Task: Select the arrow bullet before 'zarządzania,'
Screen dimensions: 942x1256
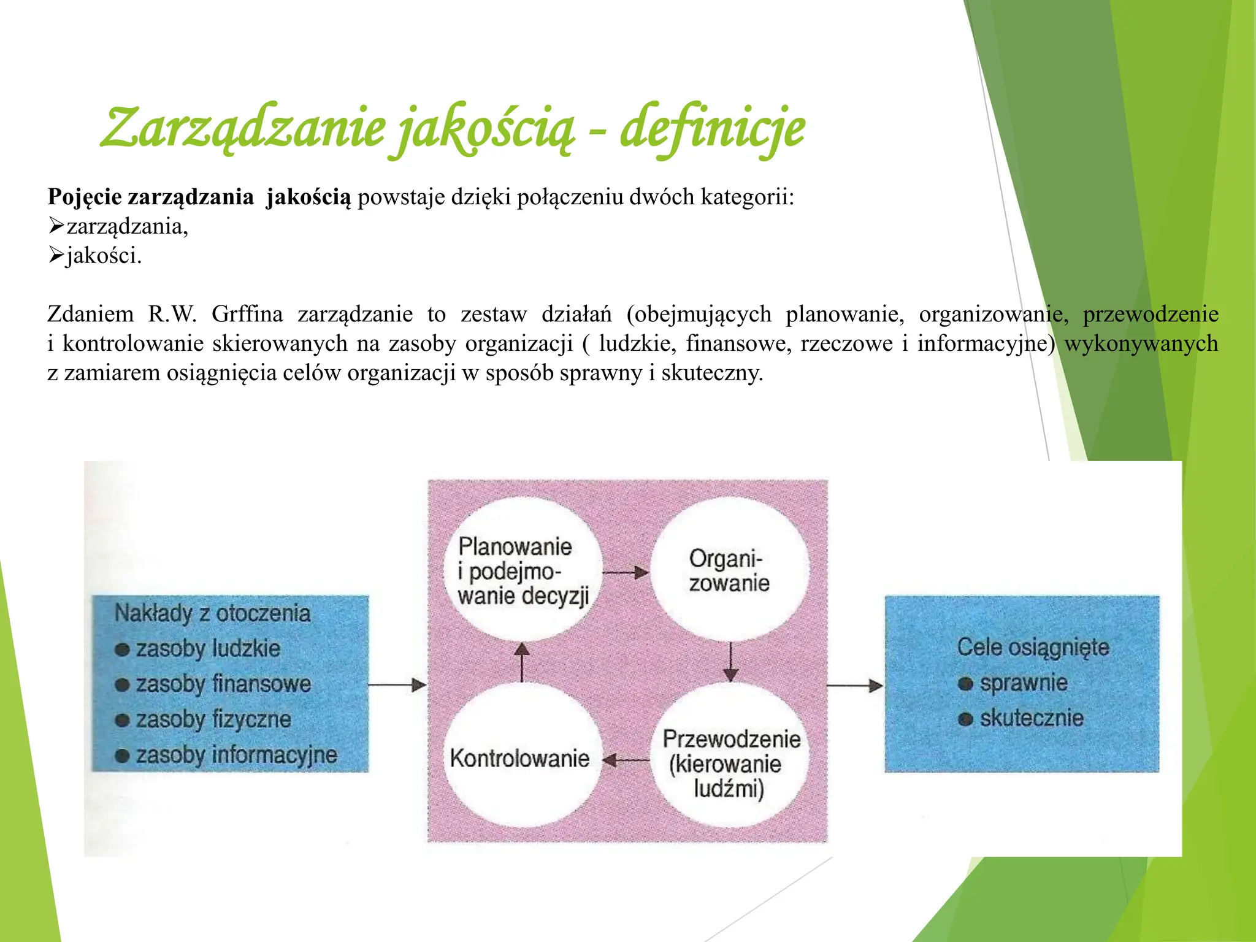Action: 56,226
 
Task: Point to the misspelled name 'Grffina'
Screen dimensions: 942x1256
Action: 247,314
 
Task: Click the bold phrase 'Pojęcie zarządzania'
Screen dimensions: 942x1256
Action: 151,197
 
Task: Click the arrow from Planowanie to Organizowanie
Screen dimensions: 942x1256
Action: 625,573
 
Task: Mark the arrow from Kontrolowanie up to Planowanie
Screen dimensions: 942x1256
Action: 521,662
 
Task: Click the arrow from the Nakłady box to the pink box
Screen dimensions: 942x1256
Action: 397,685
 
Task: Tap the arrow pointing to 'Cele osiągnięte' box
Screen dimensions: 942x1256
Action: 855,685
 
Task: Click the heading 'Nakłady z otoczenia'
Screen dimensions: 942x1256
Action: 212,613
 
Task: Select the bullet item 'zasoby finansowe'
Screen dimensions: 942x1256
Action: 223,684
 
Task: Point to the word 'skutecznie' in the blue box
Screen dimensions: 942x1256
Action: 1032,718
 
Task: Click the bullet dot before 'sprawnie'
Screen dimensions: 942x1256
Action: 965,684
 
